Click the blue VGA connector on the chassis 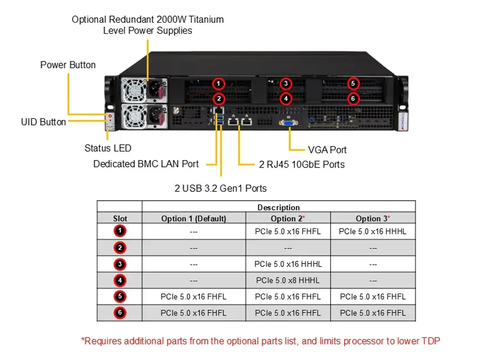[x=288, y=123]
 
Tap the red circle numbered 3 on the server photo [x=286, y=84]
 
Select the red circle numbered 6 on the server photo [x=353, y=98]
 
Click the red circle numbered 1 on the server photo [x=218, y=84]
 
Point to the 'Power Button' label [x=68, y=65]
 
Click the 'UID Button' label [x=44, y=122]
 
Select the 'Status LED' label [x=108, y=148]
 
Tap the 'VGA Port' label [x=327, y=150]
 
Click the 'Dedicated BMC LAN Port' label [x=146, y=164]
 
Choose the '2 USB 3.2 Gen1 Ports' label [x=220, y=188]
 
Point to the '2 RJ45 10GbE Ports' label [x=302, y=164]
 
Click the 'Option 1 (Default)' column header [x=194, y=218]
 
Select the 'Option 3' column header [x=373, y=218]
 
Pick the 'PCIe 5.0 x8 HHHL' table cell [x=288, y=280]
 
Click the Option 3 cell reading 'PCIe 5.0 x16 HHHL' [x=372, y=231]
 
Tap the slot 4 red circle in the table [x=120, y=280]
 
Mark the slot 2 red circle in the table [x=120, y=248]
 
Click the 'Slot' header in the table [x=120, y=218]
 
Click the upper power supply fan [x=134, y=90]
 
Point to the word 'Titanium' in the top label [x=206, y=19]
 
